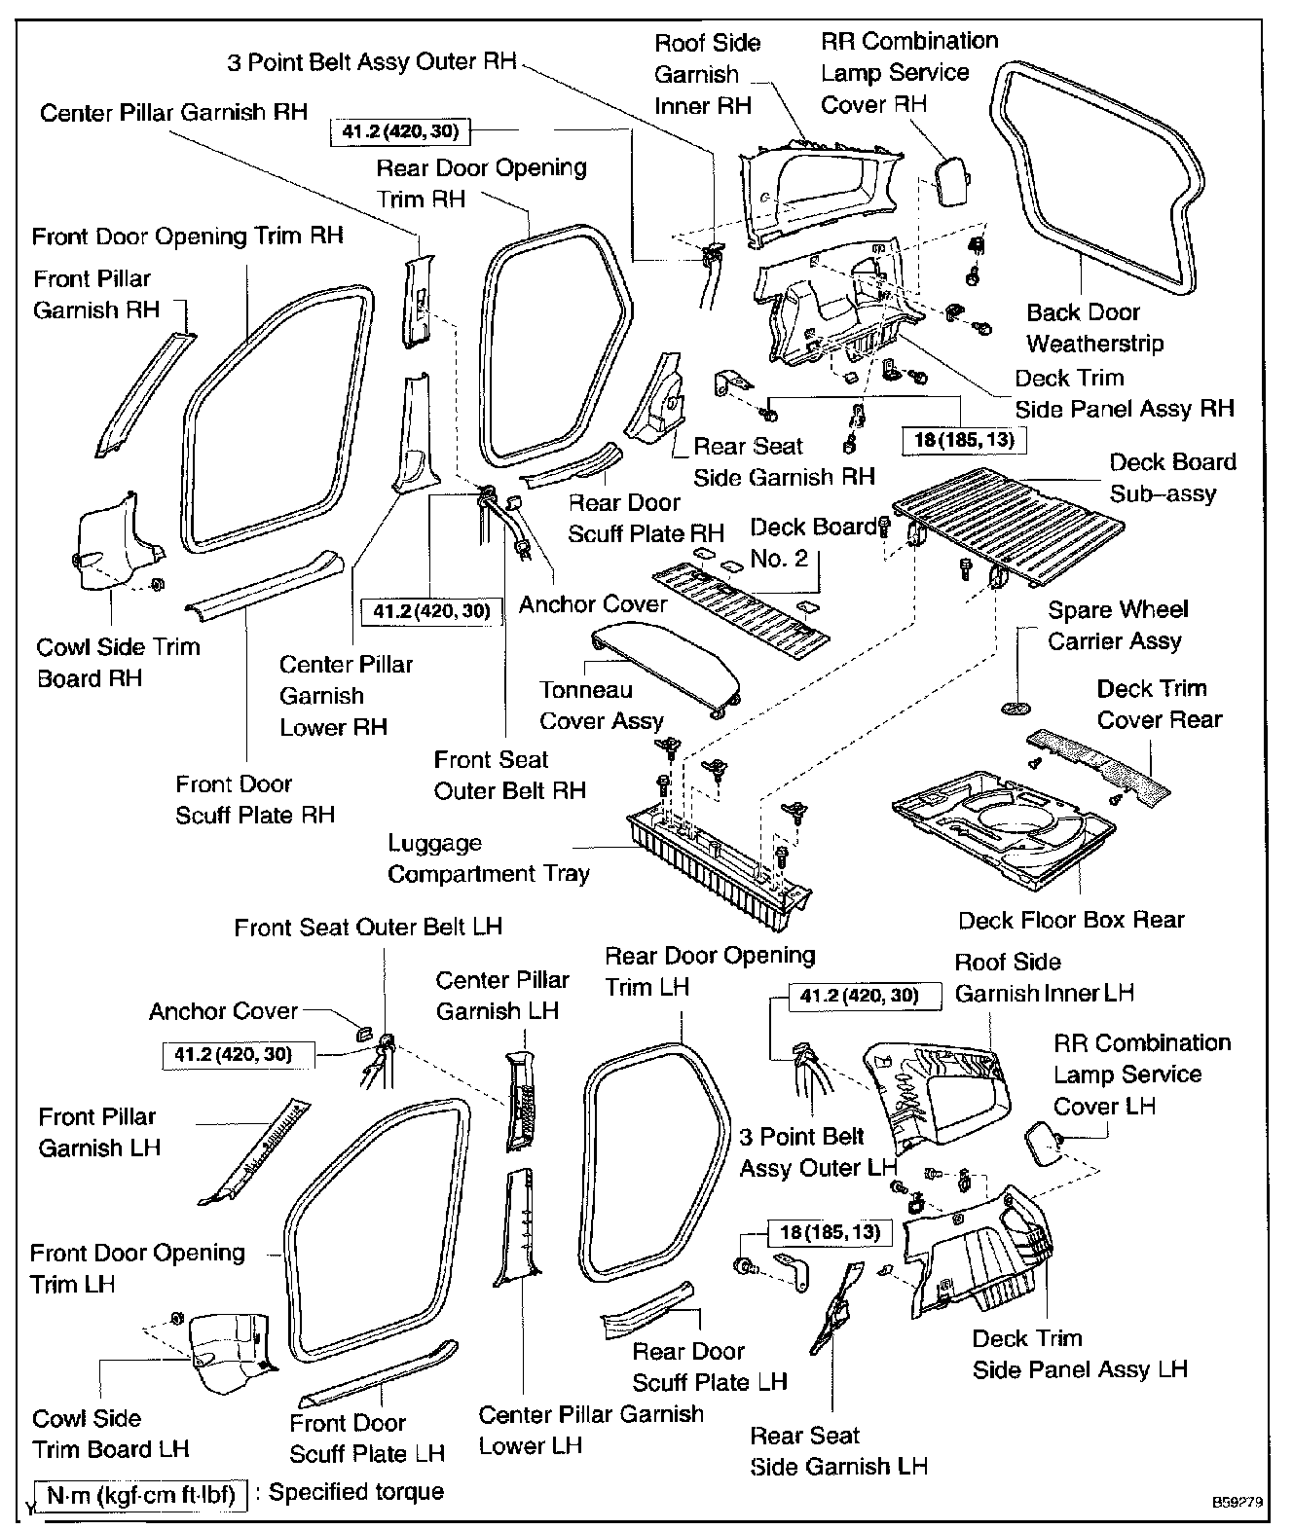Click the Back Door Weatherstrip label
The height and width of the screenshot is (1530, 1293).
click(1094, 328)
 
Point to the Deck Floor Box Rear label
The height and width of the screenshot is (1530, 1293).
click(1071, 920)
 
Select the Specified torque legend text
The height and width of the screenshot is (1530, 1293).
click(355, 1492)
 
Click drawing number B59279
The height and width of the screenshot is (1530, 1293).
click(1238, 1503)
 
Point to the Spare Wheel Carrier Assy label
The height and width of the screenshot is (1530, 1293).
click(1117, 626)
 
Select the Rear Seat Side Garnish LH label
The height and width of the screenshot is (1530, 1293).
click(838, 1451)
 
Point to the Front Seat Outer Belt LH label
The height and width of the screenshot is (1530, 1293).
click(368, 927)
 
